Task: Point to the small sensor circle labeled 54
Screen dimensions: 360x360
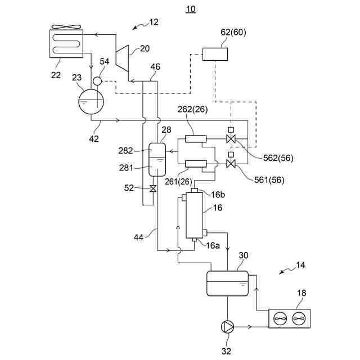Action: click(97, 81)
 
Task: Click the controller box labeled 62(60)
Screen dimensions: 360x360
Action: click(215, 55)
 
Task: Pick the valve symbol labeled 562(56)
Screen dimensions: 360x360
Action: click(231, 139)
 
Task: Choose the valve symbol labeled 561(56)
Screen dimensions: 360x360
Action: click(231, 164)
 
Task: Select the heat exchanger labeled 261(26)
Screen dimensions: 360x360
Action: click(195, 164)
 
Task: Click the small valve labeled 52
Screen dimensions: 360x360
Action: click(152, 188)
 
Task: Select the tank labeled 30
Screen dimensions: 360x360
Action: click(228, 283)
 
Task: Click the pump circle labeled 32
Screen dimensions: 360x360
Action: click(228, 326)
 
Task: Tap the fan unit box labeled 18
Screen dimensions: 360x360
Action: click(289, 319)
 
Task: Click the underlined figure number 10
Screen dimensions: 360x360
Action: click(191, 9)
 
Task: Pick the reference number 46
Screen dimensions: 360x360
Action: click(156, 67)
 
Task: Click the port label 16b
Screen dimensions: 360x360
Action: click(218, 195)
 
